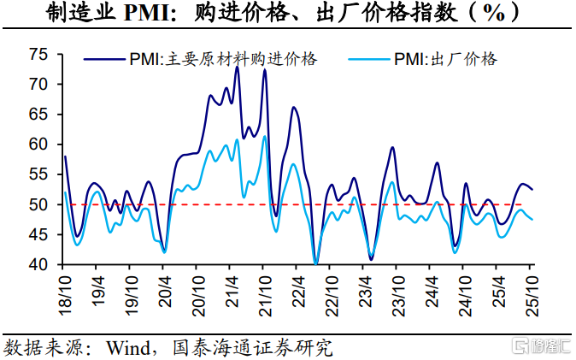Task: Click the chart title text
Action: point(287,15)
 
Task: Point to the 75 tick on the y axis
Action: point(39,55)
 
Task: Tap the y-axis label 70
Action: point(39,85)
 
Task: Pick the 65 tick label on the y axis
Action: point(39,115)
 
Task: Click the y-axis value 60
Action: point(39,145)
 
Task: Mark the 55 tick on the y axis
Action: point(39,174)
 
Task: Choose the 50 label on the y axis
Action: point(39,204)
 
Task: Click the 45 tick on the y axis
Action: point(39,234)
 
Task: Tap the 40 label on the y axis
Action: point(39,264)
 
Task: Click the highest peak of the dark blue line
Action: point(237,67)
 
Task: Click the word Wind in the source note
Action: point(128,347)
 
